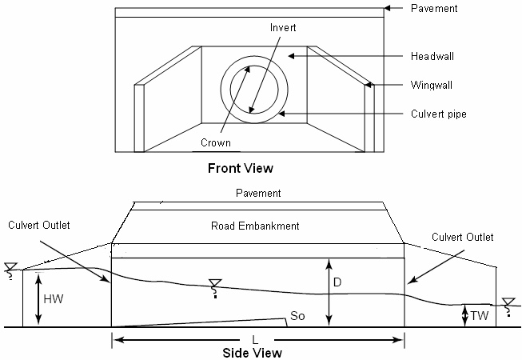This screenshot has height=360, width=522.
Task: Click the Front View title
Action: pyautogui.click(x=241, y=168)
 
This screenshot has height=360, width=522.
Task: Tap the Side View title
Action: pyautogui.click(x=252, y=353)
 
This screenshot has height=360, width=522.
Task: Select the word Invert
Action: pyautogui.click(x=283, y=27)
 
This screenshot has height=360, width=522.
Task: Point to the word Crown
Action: pyautogui.click(x=215, y=143)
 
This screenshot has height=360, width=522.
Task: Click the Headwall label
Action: pyautogui.click(x=432, y=56)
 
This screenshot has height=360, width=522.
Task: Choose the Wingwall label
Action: pyautogui.click(x=432, y=85)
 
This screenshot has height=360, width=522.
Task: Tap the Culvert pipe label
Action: pyautogui.click(x=438, y=114)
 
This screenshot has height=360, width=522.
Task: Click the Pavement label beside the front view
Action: pyautogui.click(x=434, y=8)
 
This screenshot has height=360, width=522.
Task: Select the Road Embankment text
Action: pyautogui.click(x=255, y=226)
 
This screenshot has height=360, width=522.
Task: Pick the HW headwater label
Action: pyautogui.click(x=54, y=298)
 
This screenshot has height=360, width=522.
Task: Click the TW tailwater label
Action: pyautogui.click(x=479, y=315)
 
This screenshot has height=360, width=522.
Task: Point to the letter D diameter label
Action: pyautogui.click(x=337, y=282)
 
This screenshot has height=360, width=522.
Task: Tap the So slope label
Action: pyautogui.click(x=297, y=315)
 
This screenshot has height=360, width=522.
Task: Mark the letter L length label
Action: pyautogui.click(x=255, y=340)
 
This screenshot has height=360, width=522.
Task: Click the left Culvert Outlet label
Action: pyautogui.click(x=39, y=225)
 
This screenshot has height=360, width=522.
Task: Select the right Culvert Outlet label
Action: pyautogui.click(x=462, y=237)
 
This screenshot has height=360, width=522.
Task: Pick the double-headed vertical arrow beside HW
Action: pyautogui.click(x=38, y=298)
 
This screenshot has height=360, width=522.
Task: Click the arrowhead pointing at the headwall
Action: pyautogui.click(x=292, y=56)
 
